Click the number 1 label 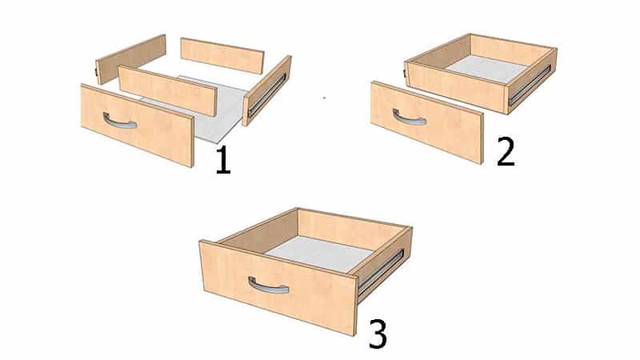tap(223, 160)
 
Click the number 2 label tap(506, 151)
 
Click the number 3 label tap(378, 334)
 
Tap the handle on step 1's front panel tap(119, 122)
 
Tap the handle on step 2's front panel tap(409, 118)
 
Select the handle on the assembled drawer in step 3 tap(268, 286)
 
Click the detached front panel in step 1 tap(137, 125)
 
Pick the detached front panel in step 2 tap(427, 122)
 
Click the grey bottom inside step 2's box tap(486, 69)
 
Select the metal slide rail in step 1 tap(267, 94)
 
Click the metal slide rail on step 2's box tap(530, 86)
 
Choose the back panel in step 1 tap(222, 56)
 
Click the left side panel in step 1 tap(130, 58)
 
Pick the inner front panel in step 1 tap(167, 90)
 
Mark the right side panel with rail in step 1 tap(267, 90)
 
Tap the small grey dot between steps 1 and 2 tap(325, 98)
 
